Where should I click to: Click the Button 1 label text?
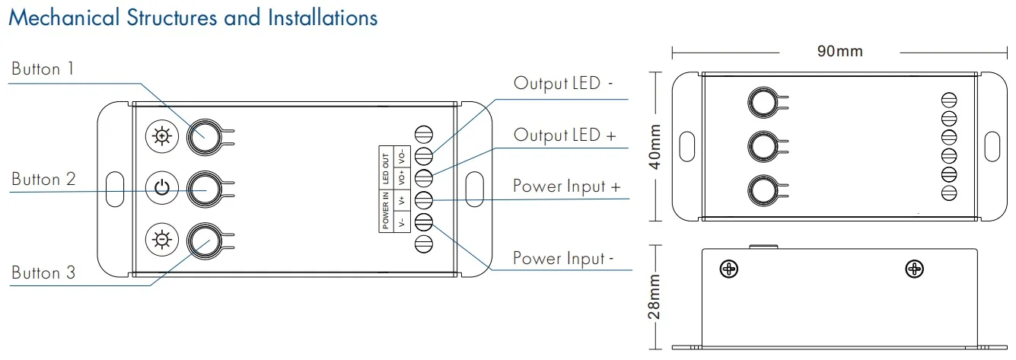point(43,69)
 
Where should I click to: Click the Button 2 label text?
point(43,180)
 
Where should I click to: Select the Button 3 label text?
point(43,272)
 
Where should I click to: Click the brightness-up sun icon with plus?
point(161,137)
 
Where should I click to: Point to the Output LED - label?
point(563,83)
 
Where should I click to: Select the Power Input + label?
point(566,186)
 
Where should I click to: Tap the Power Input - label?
point(563,258)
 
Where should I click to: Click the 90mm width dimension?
point(840,52)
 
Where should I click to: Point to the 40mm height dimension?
point(655,147)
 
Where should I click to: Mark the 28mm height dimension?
point(655,298)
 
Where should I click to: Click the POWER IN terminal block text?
point(386,211)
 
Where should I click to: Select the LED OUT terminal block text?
point(386,168)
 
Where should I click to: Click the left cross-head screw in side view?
point(729,269)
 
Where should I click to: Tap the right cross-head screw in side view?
point(914,269)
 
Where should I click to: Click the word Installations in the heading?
point(323,18)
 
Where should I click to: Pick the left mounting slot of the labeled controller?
point(115,189)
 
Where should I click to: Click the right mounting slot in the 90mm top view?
point(992,146)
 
